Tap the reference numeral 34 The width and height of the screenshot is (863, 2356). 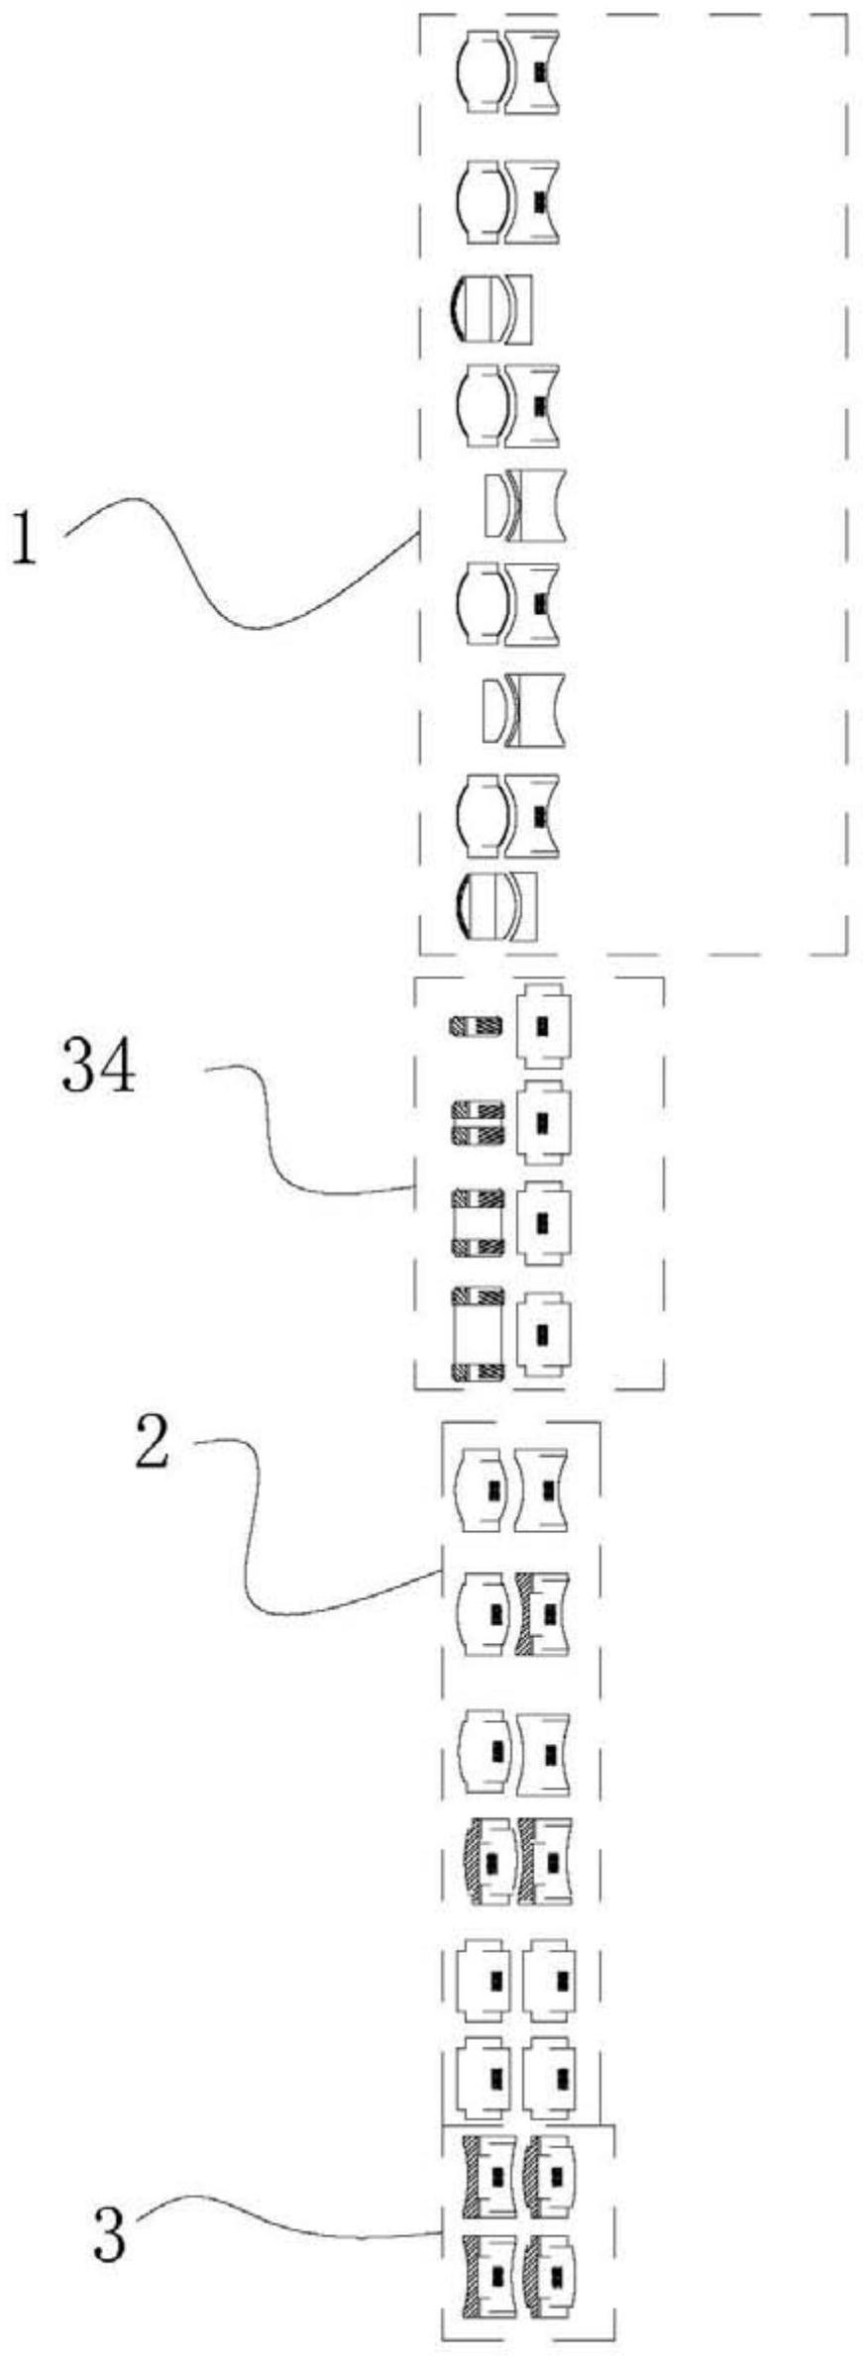click(x=98, y=1066)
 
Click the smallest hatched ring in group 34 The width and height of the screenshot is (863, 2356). click(x=477, y=1027)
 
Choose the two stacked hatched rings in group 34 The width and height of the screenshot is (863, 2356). click(x=478, y=1122)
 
